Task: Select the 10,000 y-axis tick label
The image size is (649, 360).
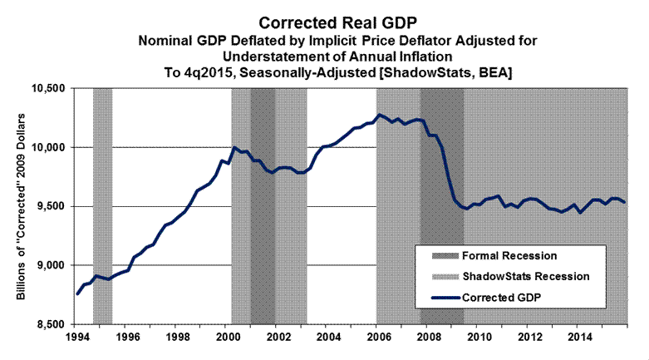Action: coord(44,148)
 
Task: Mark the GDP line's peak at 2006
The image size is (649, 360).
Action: coord(380,115)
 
